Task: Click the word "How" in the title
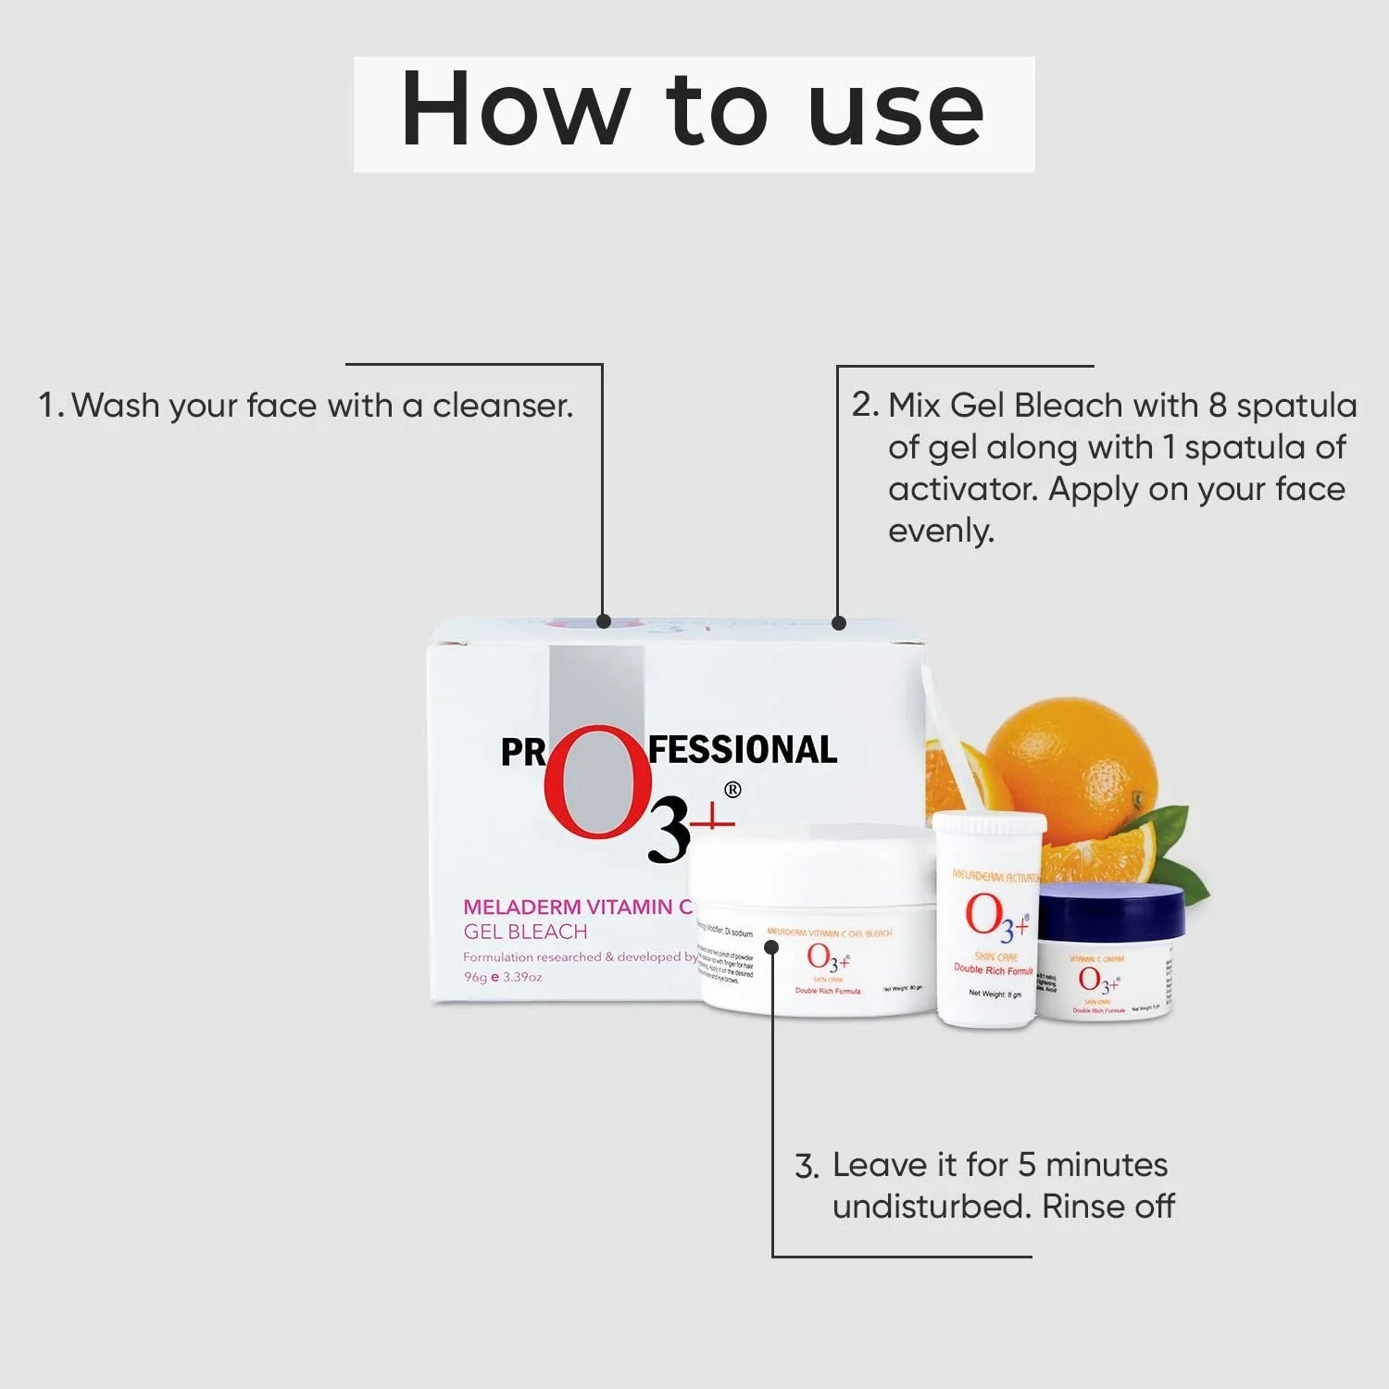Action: pos(515,110)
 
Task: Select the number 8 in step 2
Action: pos(1217,406)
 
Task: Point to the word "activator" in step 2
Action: pos(962,489)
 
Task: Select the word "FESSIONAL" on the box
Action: pos(742,749)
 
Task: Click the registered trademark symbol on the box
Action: pos(732,790)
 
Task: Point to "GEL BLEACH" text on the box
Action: pos(525,932)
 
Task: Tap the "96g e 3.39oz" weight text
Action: pos(503,977)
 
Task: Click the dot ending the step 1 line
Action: pos(604,621)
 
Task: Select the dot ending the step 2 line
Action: pos(839,623)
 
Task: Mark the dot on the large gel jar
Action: pos(771,946)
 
